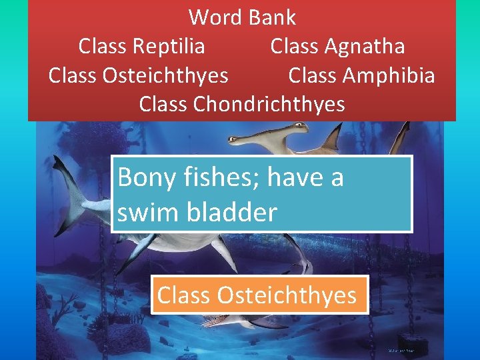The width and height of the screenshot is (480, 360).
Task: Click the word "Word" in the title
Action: [x=211, y=17]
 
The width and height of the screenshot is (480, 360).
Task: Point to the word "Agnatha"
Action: [x=365, y=46]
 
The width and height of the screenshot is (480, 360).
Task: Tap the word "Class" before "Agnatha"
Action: [x=295, y=46]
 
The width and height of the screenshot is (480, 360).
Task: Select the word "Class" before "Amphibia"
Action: [x=313, y=75]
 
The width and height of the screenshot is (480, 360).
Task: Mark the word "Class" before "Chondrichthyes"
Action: [x=164, y=104]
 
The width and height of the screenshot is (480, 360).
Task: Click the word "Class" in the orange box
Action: [x=182, y=295]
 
